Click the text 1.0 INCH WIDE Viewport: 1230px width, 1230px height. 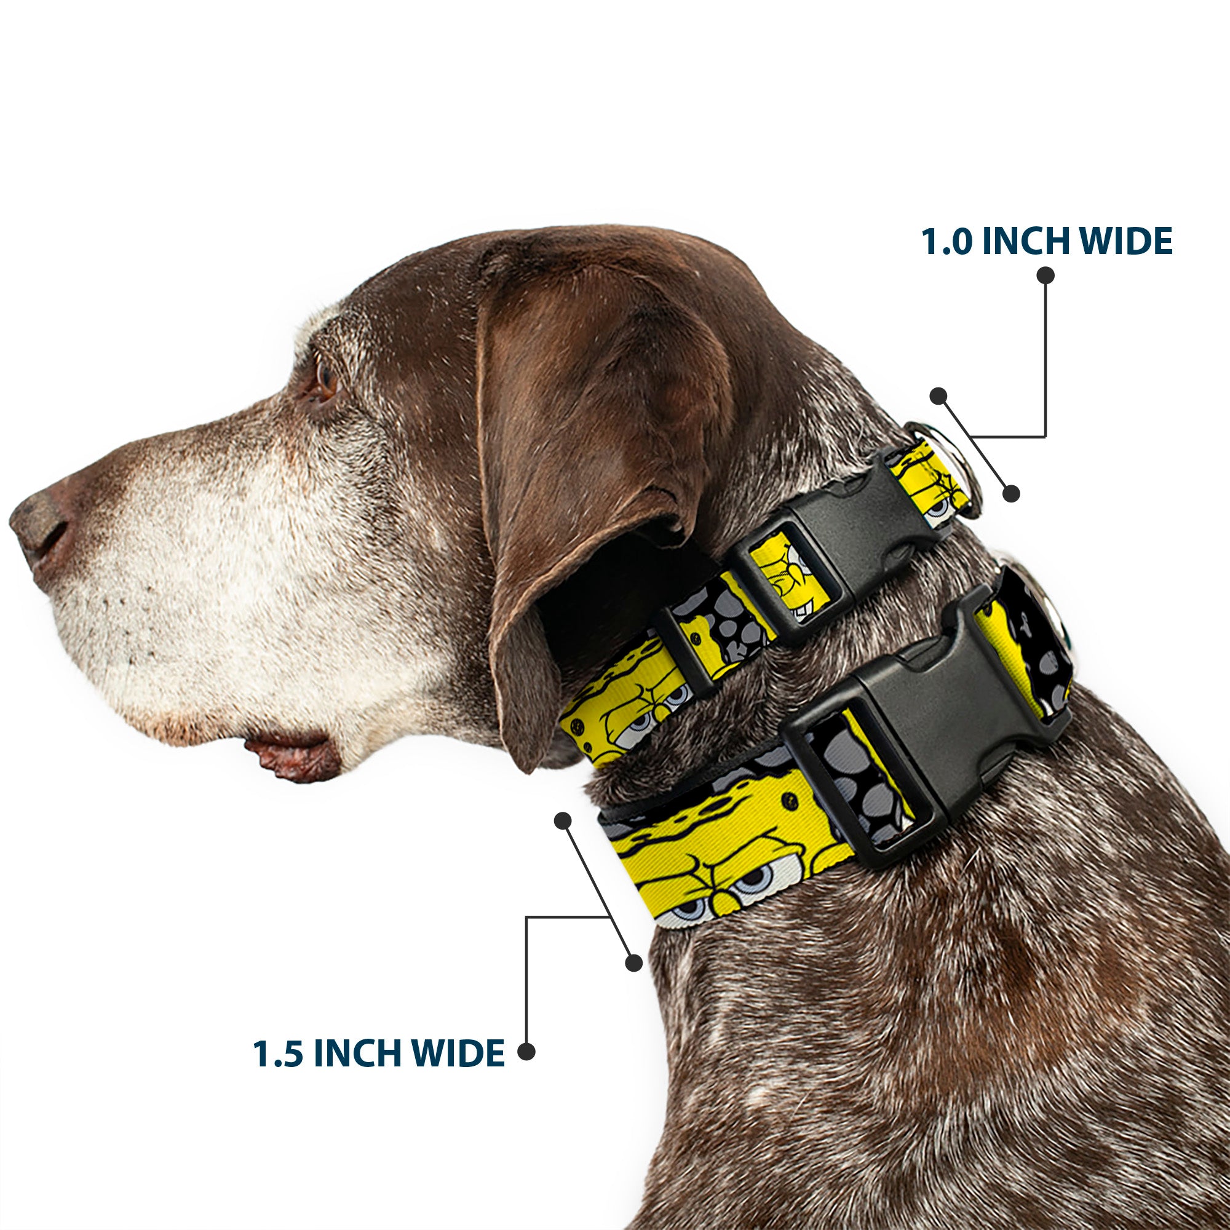point(1046,241)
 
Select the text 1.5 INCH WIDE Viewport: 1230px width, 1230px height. point(378,1053)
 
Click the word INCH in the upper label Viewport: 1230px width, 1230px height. point(1026,241)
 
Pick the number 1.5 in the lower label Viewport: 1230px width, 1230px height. point(277,1053)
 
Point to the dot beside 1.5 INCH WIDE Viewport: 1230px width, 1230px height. point(526,1051)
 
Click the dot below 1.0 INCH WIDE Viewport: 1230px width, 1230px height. point(1045,275)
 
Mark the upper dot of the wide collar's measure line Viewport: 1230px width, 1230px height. point(563,820)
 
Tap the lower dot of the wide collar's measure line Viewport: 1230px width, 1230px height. point(633,963)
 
